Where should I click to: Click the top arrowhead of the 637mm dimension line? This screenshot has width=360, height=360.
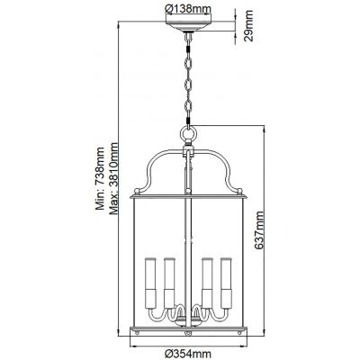(x=260, y=127)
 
